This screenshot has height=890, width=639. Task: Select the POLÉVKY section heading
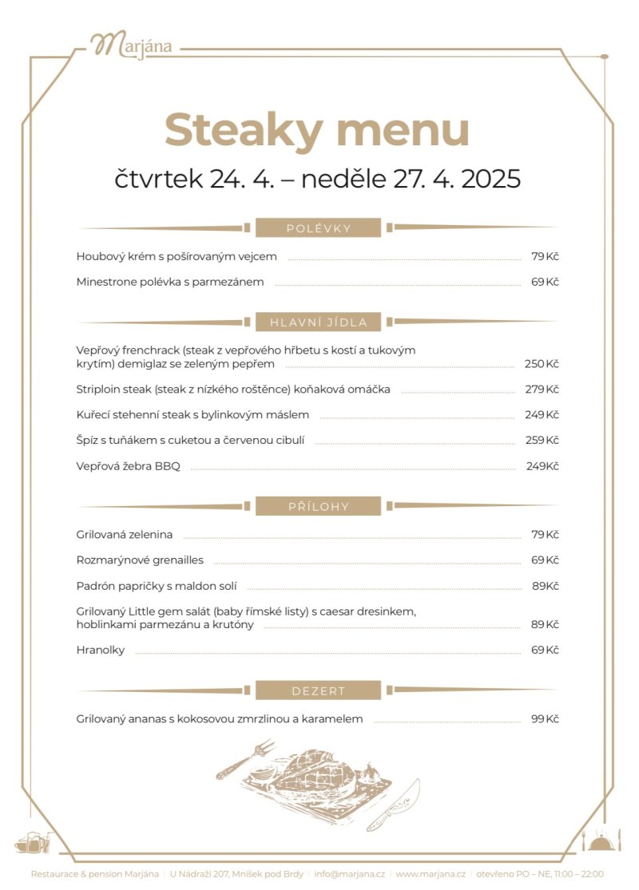(x=319, y=228)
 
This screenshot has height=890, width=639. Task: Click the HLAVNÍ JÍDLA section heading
(x=319, y=322)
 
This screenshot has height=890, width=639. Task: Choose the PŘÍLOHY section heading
(x=319, y=506)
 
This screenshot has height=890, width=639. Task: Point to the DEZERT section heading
(x=319, y=690)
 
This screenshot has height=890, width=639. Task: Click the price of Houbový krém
(x=544, y=256)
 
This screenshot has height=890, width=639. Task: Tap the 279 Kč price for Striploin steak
(x=541, y=390)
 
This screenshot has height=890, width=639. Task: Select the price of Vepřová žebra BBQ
(x=542, y=466)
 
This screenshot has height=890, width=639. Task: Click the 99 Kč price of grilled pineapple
(x=544, y=718)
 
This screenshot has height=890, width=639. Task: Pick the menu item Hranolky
(x=101, y=650)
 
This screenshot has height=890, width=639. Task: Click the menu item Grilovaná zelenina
(x=125, y=535)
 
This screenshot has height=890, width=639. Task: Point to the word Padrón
(x=95, y=586)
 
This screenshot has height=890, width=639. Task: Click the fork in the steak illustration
(x=245, y=759)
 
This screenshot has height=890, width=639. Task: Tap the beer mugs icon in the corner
(x=33, y=842)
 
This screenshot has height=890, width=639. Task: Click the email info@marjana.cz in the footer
(x=349, y=874)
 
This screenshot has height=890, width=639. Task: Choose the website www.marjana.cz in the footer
(x=430, y=874)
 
